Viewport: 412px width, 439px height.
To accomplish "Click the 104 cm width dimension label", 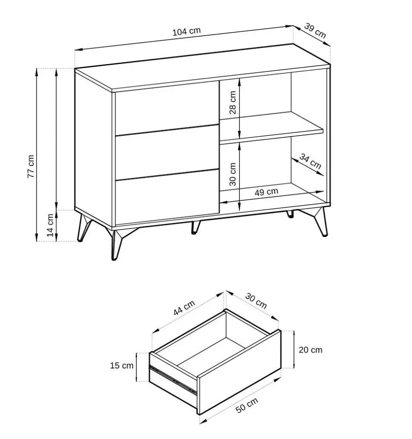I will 187,32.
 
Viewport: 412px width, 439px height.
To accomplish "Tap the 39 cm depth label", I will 315,30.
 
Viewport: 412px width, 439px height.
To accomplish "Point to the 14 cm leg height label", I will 51,225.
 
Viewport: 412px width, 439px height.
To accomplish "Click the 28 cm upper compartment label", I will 232,102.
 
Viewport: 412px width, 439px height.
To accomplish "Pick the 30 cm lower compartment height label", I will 232,173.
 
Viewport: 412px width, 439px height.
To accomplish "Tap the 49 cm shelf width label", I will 266,191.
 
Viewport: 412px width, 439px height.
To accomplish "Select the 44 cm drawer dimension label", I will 184,308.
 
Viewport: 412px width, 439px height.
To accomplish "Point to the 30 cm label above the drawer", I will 256,301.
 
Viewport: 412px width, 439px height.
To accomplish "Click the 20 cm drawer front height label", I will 311,350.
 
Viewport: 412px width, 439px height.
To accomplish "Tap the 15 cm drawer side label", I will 122,365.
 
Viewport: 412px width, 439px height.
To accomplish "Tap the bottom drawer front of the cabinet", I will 167,196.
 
